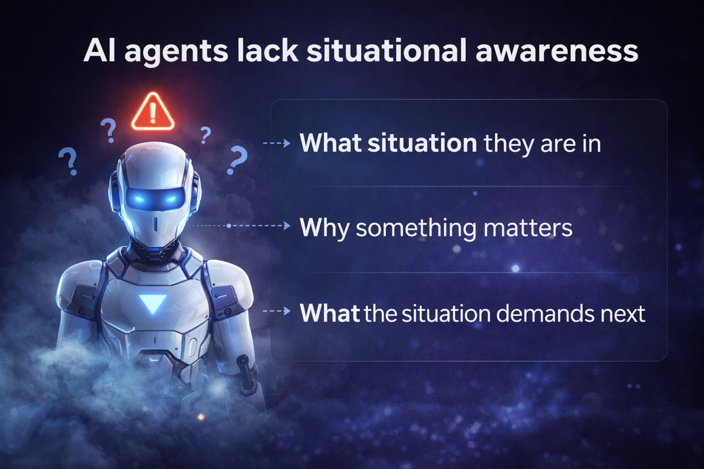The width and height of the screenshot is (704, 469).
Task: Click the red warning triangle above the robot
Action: tap(153, 111)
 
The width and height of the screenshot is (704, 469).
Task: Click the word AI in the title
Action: tap(101, 51)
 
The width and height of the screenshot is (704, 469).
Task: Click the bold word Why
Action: tap(324, 228)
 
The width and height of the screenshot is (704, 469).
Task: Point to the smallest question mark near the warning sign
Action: tap(205, 135)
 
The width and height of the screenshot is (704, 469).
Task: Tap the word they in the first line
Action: tap(507, 144)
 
